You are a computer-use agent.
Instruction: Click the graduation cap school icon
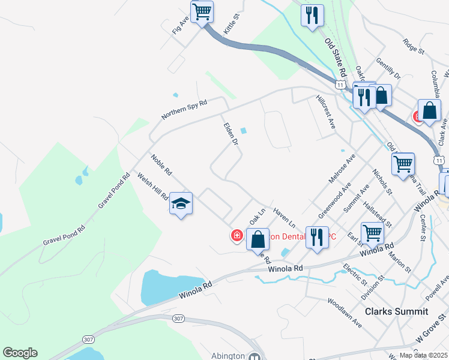point(181,204)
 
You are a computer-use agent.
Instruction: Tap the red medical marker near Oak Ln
point(238,236)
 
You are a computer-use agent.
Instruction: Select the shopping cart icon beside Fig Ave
point(202,11)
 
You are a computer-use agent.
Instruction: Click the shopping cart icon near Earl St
point(372,232)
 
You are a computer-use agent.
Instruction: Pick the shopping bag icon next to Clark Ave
point(430,111)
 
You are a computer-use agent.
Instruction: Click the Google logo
point(20,353)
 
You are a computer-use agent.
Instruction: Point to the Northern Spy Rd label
point(184,109)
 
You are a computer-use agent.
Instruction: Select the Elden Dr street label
point(231,134)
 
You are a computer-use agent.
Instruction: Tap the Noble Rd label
point(161,165)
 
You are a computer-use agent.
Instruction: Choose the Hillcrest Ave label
point(325,112)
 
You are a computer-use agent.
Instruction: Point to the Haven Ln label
point(284,217)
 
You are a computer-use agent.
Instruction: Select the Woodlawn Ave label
point(345,313)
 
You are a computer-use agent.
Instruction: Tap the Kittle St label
point(232,25)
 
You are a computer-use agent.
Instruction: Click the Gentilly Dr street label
point(388,68)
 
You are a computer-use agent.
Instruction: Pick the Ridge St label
point(414,46)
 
